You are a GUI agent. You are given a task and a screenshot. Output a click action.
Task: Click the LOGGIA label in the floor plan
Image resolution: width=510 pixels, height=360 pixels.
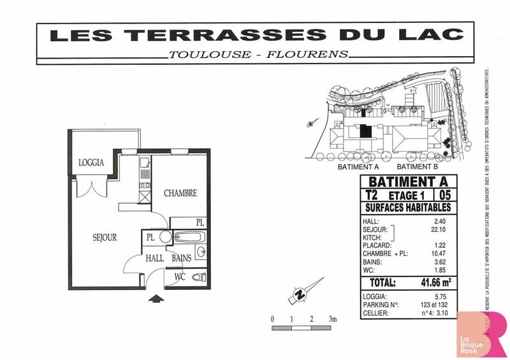coord(91,162)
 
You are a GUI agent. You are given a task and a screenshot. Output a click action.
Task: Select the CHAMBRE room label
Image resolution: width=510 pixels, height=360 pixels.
coord(180,193)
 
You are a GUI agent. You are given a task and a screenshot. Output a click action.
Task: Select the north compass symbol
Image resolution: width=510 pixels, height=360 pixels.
coord(298,294)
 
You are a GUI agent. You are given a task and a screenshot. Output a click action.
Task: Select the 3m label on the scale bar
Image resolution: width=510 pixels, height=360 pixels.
coord(331,318)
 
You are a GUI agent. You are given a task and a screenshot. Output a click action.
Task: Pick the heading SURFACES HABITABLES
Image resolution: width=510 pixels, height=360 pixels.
coord(408,207)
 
